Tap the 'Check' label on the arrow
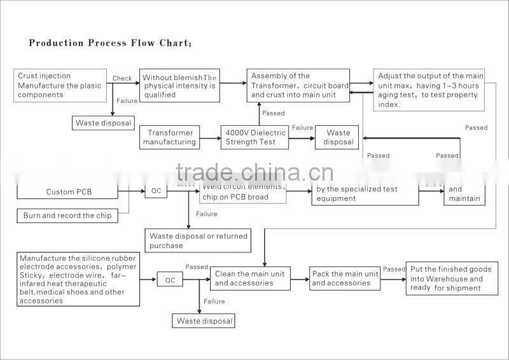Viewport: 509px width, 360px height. [x=122, y=78]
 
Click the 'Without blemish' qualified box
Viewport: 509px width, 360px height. [x=179, y=85]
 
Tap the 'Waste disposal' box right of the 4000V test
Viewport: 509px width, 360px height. [x=337, y=137]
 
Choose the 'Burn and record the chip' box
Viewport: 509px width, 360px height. [x=67, y=216]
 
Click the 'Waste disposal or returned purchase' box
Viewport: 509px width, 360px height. [x=197, y=240]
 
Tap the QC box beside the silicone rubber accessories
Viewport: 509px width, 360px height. [x=170, y=280]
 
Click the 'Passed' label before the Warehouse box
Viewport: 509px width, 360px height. [x=394, y=269]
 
